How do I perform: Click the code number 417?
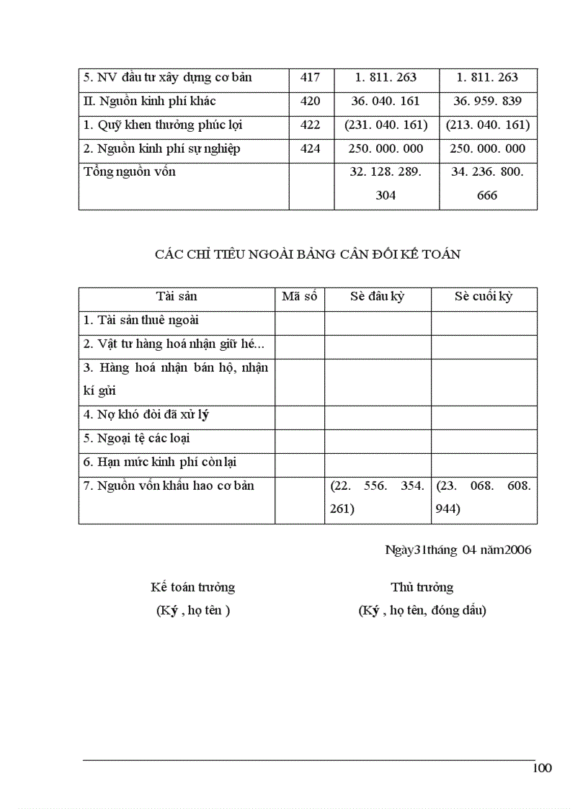tap(311, 78)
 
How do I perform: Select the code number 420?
tap(311, 102)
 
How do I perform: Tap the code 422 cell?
tap(311, 125)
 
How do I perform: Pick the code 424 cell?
tap(311, 149)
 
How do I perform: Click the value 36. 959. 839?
tap(488, 102)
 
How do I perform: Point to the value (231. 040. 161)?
tap(386, 125)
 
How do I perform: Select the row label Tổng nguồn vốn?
tap(130, 172)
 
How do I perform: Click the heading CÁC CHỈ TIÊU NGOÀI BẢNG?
tap(308, 254)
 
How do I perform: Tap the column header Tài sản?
tap(177, 297)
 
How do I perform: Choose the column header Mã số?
tap(300, 297)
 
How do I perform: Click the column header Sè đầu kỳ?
tap(378, 297)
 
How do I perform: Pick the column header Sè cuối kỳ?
tap(484, 297)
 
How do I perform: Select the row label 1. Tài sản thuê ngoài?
tap(141, 321)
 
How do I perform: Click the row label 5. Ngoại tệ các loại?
tap(137, 439)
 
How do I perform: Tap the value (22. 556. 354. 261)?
tap(378, 498)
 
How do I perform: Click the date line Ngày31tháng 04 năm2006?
tap(458, 550)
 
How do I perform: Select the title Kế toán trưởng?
tap(192, 587)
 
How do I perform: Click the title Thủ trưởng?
tap(422, 587)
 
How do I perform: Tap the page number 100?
tap(543, 768)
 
